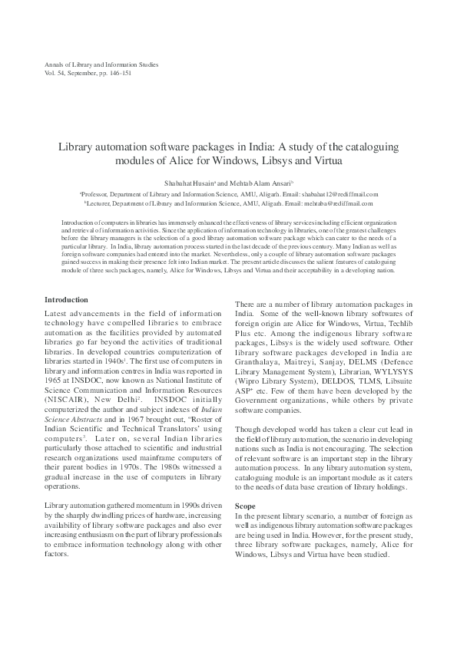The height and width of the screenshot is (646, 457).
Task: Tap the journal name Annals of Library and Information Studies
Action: coord(101,65)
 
